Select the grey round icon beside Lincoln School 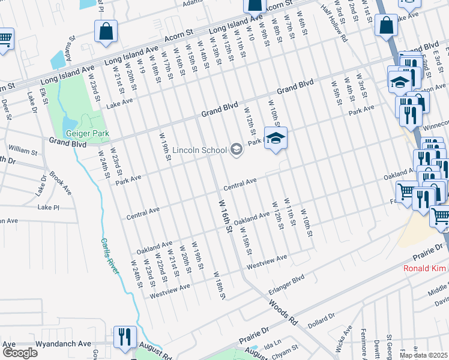[x=236, y=149]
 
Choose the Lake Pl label [x=48, y=207]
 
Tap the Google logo [x=19, y=352]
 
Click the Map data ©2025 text [x=424, y=355]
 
